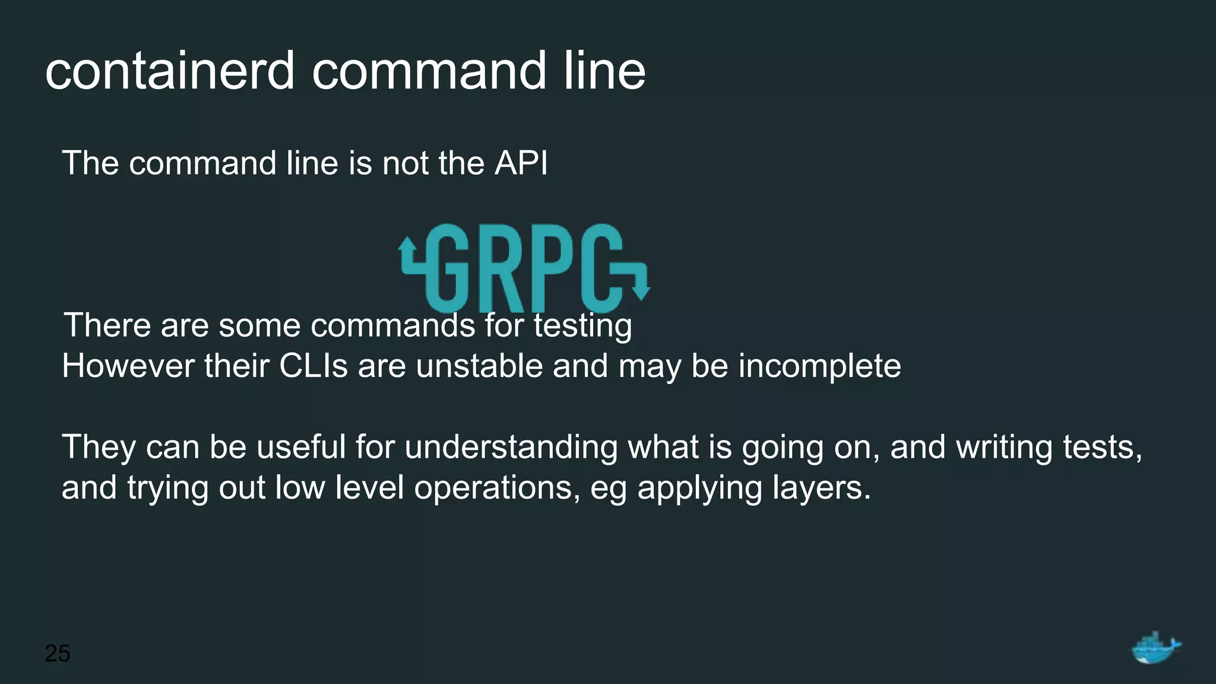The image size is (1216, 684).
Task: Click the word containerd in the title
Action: [170, 71]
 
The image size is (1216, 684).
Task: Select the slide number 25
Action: [57, 653]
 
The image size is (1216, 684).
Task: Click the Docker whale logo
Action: [1155, 648]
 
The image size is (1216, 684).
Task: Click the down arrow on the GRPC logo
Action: [640, 291]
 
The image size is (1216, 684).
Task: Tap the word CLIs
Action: [313, 366]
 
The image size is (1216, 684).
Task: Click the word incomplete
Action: [819, 366]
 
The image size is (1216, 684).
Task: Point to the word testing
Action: [582, 326]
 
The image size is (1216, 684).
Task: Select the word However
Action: [128, 366]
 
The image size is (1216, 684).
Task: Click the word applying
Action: [699, 488]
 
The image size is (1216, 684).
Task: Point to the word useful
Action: [301, 447]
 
